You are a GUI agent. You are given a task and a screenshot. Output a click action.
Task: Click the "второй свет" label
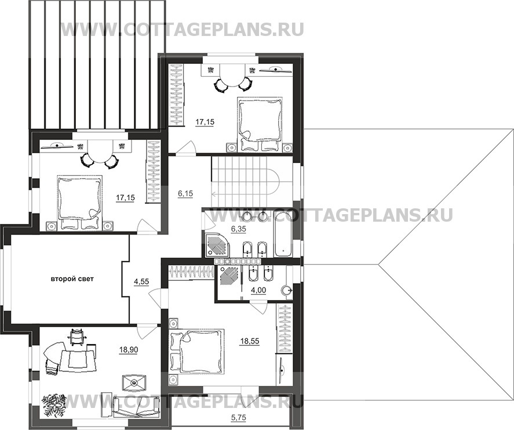(x=72, y=279)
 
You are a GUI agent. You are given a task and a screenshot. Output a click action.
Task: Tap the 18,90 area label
(x=129, y=350)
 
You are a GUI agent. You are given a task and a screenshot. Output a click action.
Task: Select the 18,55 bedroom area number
(x=250, y=341)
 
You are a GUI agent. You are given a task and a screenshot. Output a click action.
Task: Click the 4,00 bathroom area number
(x=258, y=290)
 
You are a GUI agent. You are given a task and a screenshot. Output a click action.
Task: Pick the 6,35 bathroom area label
(x=238, y=229)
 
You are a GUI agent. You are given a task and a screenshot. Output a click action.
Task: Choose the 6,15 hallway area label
(x=185, y=194)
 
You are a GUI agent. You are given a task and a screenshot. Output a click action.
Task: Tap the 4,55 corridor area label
(x=141, y=281)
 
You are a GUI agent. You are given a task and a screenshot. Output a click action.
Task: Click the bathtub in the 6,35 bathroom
(x=283, y=233)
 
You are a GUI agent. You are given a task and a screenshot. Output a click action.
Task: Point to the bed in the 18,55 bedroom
(x=196, y=351)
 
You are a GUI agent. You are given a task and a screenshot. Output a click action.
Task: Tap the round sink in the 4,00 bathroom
(x=287, y=291)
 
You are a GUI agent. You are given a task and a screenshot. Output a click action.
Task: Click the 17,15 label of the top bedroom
(x=205, y=122)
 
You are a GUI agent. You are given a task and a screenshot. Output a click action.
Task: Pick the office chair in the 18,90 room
(x=76, y=337)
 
